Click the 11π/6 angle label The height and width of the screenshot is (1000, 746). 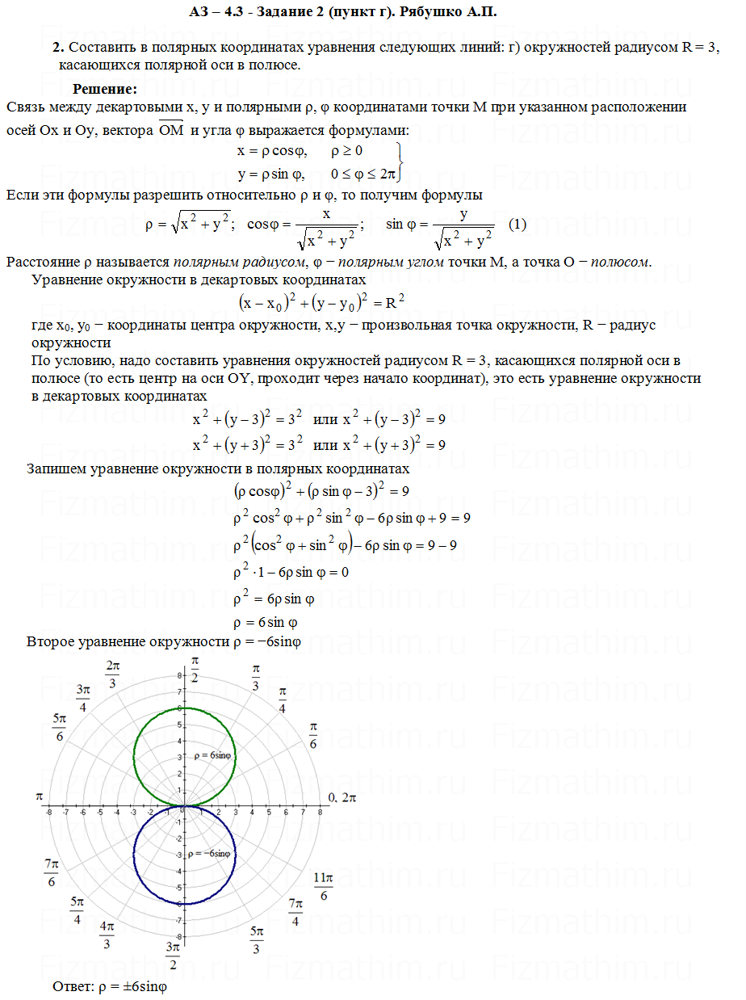323,886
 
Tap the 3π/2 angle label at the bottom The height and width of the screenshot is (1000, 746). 172,956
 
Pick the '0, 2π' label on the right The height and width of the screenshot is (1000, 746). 342,797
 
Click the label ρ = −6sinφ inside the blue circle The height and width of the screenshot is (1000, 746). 209,853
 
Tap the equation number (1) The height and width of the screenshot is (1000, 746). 518,225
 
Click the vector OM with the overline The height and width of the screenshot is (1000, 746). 171,130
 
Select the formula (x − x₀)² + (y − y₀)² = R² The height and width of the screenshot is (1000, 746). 321,303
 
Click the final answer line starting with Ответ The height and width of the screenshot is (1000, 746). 108,986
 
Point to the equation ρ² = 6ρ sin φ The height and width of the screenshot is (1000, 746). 274,599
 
